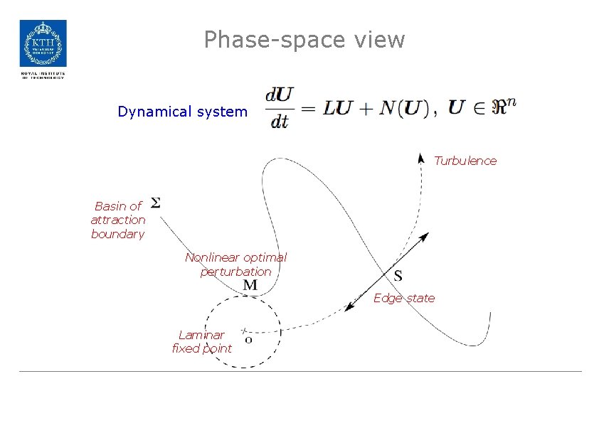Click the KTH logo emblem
click(43, 43)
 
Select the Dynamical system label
click(183, 112)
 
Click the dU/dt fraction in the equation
click(280, 108)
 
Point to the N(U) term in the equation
click(403, 109)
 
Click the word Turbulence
click(465, 161)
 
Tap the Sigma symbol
click(156, 203)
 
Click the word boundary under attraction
click(117, 234)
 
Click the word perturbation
click(235, 272)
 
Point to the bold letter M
click(250, 285)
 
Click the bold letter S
click(398, 275)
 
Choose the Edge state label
click(404, 298)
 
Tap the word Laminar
click(201, 334)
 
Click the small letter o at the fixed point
click(248, 340)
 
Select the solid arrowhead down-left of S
click(350, 308)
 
